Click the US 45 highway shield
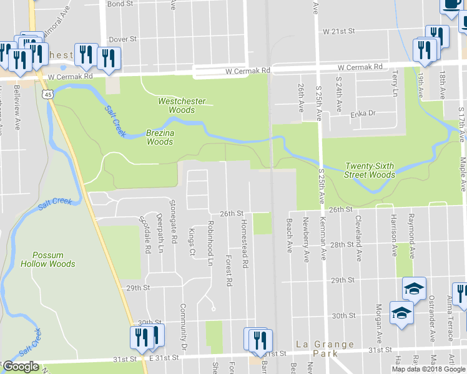47,93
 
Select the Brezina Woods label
160,137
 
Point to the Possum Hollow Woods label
47,259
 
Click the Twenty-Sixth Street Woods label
371,171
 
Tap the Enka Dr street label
363,113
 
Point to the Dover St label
123,39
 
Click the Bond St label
120,4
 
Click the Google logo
20,367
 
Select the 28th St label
342,245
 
